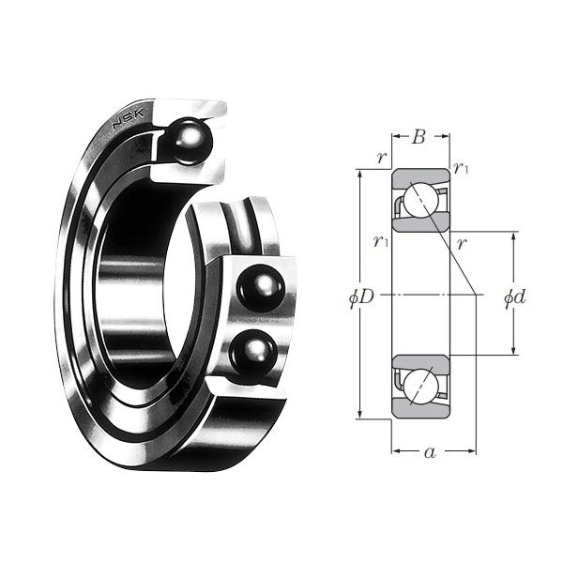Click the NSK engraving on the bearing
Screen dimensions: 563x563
129,118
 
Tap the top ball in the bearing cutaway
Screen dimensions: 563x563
190,142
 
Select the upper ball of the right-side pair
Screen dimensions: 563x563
260,288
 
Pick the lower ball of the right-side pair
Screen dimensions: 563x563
252,352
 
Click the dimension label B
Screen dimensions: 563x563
419,137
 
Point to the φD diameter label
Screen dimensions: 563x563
361,297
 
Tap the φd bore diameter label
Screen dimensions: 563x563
515,297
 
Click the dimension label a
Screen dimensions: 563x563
430,452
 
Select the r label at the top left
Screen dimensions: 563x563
382,158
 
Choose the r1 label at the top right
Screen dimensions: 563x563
461,168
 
